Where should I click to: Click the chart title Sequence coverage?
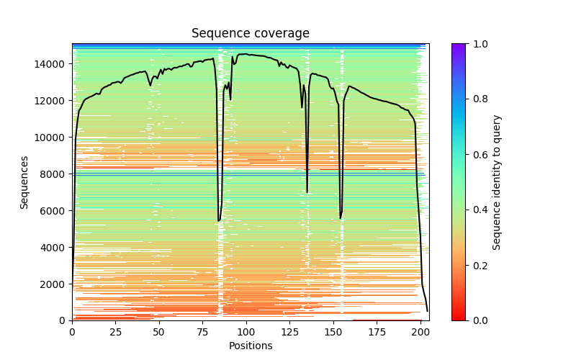pos(250,33)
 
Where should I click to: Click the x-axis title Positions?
pos(250,346)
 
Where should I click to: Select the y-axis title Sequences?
pos(24,182)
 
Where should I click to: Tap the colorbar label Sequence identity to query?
pos(497,182)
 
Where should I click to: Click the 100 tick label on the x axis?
pos(246,332)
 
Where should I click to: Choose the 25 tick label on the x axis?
pos(115,332)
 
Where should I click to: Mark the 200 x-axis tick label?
pos(420,332)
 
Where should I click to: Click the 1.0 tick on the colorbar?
pos(477,44)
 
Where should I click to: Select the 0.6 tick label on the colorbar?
pos(477,155)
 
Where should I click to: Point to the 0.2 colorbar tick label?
pos(477,265)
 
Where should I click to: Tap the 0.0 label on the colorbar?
pos(477,320)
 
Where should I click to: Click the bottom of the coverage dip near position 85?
pos(219,220)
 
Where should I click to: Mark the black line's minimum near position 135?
pos(307,192)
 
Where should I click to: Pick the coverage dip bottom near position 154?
pos(341,218)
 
